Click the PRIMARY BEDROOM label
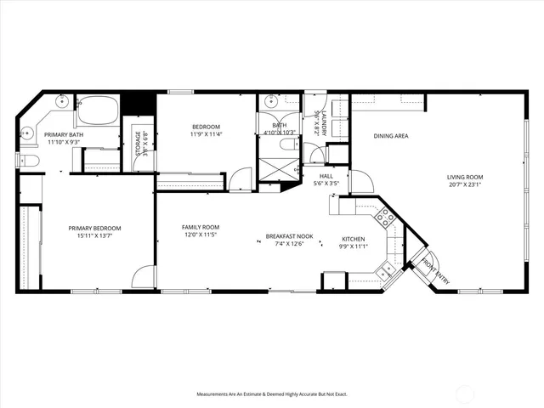pyautogui.click(x=94, y=228)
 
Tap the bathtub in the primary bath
pyautogui.click(x=97, y=111)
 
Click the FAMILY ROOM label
pyautogui.click(x=201, y=227)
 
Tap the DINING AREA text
pyautogui.click(x=390, y=135)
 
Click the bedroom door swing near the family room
pyautogui.click(x=241, y=178)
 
